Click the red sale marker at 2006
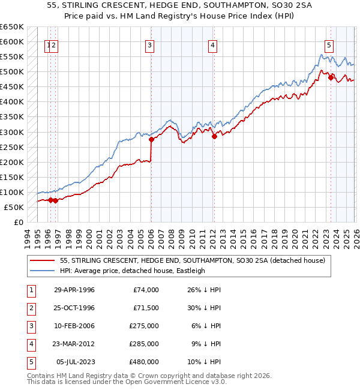pyautogui.click(x=151, y=139)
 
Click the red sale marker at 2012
pyautogui.click(x=214, y=136)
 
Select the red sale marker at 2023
pyautogui.click(x=331, y=77)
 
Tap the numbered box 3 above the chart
pyautogui.click(x=149, y=44)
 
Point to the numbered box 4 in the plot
pyautogui.click(x=212, y=44)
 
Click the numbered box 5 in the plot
pyautogui.click(x=329, y=44)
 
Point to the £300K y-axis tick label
pyautogui.click(x=12, y=132)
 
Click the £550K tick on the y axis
pyautogui.click(x=12, y=57)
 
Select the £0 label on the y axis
pyautogui.click(x=19, y=222)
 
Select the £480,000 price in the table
pyautogui.click(x=145, y=362)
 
